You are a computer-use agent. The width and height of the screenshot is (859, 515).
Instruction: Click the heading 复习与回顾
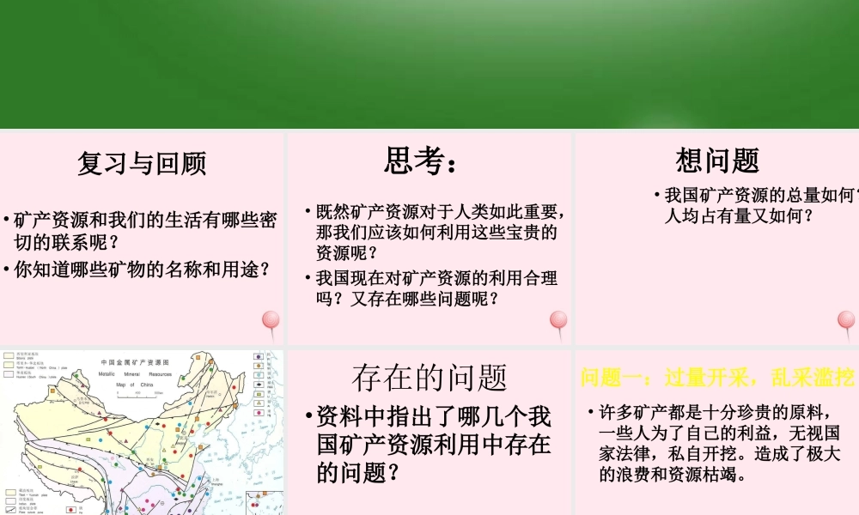point(142,163)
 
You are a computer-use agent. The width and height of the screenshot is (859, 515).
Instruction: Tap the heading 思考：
point(421,161)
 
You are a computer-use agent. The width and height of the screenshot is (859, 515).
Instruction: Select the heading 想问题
point(717,161)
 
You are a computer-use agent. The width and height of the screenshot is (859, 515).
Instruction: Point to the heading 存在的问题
point(429,378)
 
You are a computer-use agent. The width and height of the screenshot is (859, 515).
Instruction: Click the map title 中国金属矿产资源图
point(134,363)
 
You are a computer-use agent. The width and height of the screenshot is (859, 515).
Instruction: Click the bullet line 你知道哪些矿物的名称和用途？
point(142,270)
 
